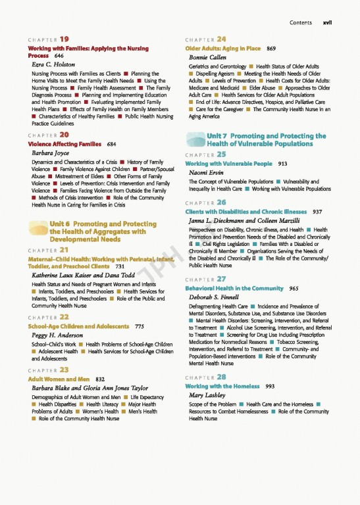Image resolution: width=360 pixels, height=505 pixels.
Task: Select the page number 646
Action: (59, 57)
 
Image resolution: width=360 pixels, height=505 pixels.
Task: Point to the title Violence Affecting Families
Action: (64, 143)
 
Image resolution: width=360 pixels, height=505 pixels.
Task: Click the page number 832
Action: (101, 379)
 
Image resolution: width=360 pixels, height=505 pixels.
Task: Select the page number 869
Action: (270, 49)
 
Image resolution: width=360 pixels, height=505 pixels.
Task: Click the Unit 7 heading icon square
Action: (197, 139)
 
